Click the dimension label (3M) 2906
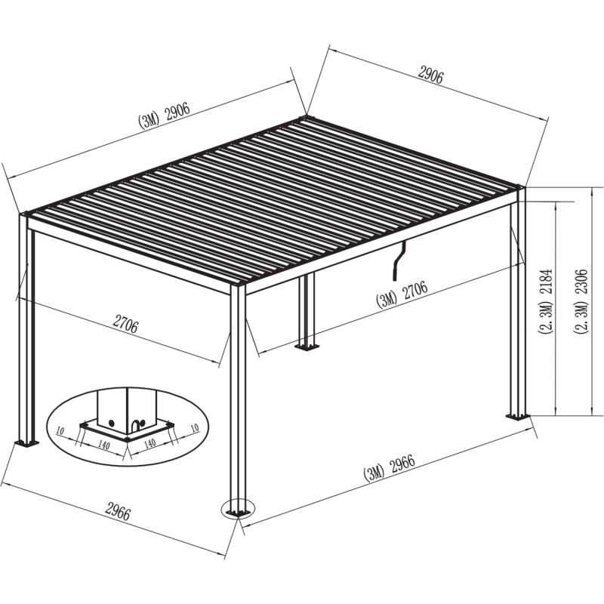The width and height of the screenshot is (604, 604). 165,116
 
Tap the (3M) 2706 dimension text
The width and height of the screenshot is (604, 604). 402,294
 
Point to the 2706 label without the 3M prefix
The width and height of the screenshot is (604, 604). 125,325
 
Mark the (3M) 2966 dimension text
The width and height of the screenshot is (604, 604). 390,468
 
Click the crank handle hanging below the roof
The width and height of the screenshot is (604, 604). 399,260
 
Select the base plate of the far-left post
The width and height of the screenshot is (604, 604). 26,444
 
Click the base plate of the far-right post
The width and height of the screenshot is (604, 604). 518,417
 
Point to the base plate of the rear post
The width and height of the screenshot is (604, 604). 307,348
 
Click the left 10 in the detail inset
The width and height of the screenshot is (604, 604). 60,430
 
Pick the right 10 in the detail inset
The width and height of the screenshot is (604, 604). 195,427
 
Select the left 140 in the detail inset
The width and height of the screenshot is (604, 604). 103,445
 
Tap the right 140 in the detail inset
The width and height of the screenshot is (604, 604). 149,443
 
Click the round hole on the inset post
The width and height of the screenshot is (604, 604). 112,423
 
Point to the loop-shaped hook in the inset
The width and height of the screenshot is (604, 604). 137,424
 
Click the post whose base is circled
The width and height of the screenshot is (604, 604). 238,399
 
